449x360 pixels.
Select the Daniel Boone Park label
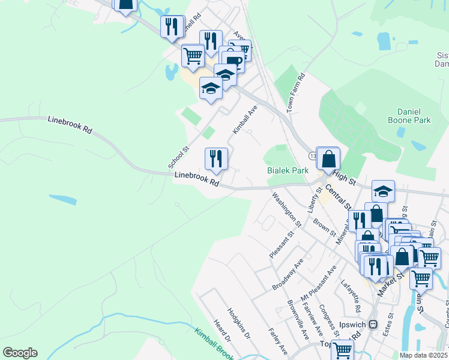point(414,116)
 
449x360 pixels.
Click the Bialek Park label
point(288,170)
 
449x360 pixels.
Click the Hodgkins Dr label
point(238,324)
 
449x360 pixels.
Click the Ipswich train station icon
point(373,325)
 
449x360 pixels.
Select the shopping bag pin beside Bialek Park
point(328,159)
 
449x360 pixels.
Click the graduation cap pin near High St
point(383,191)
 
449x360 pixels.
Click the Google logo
point(20,353)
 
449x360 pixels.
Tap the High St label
point(344,176)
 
